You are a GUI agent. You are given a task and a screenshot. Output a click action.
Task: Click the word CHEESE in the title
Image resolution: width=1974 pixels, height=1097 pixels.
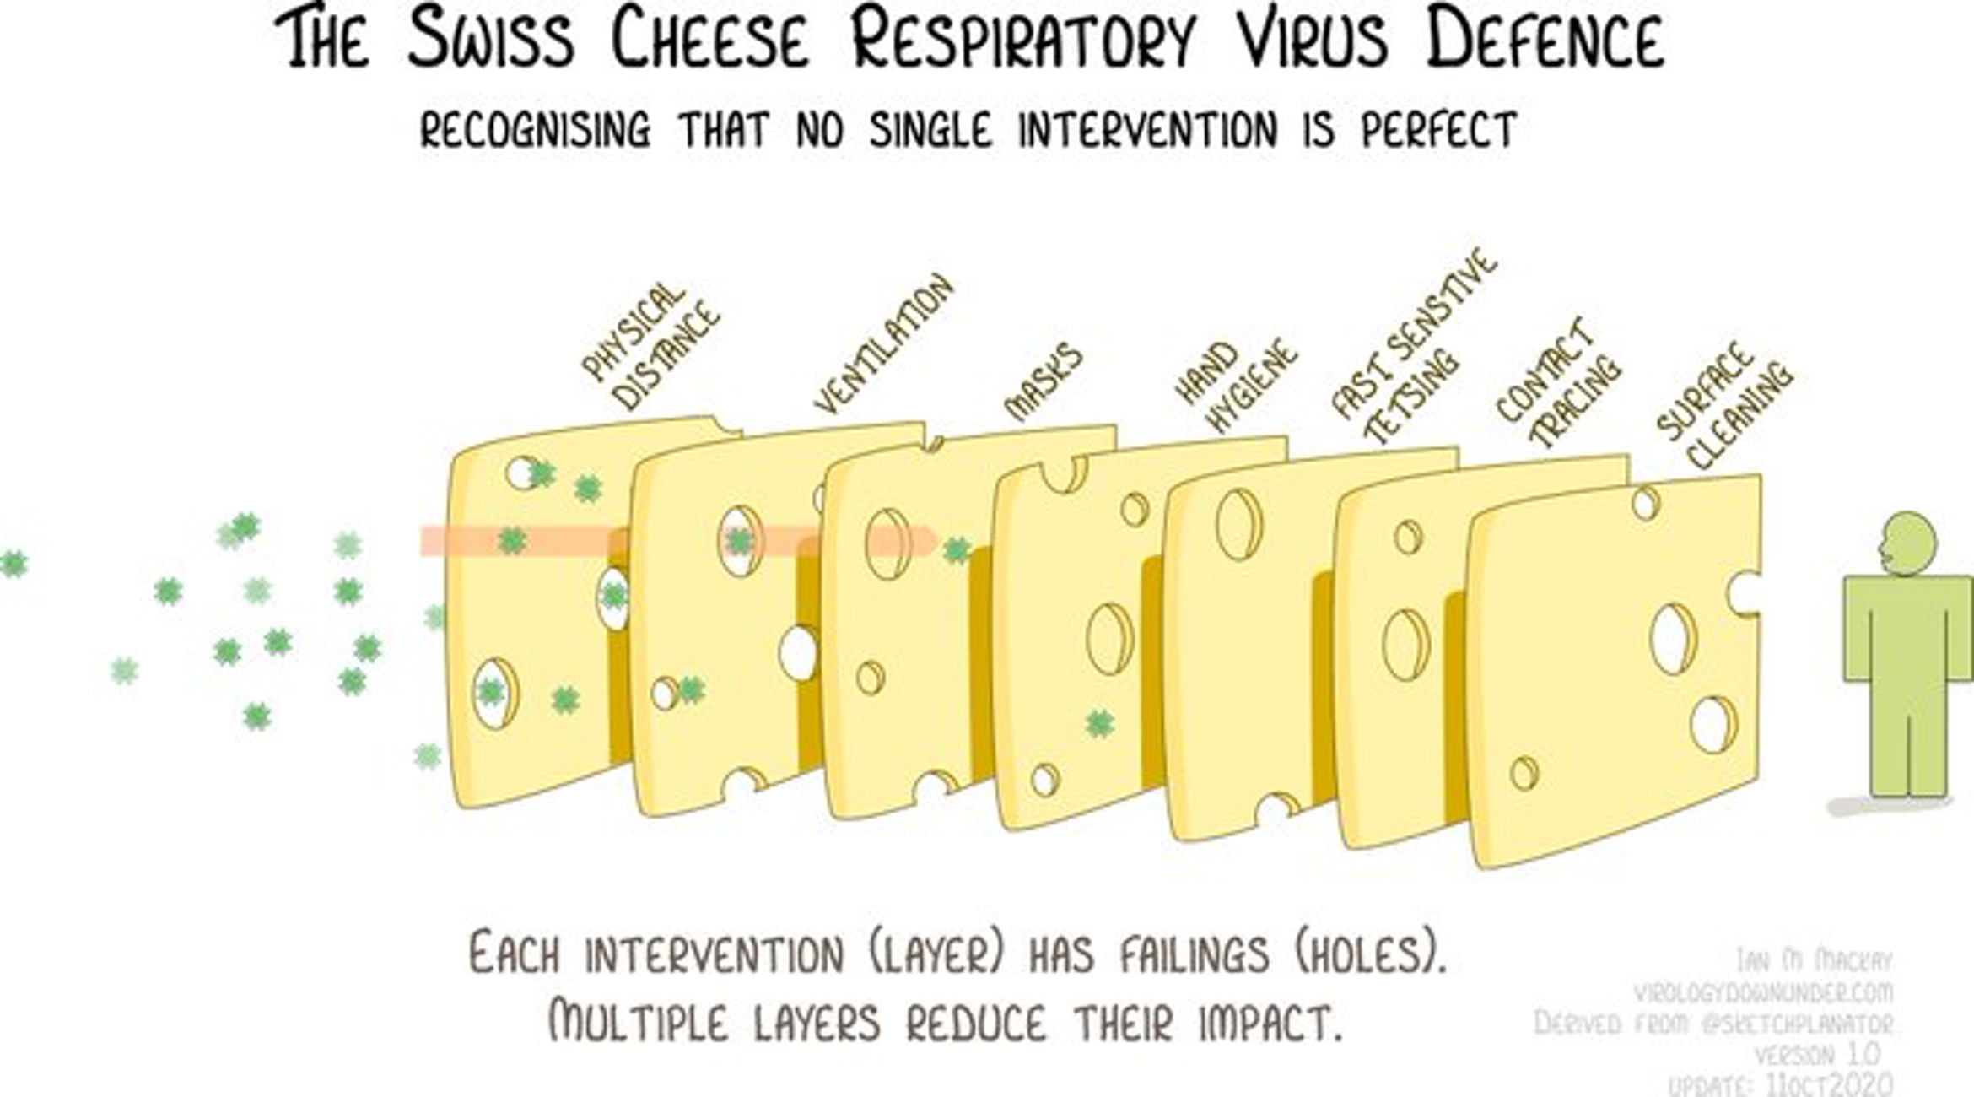click(x=710, y=41)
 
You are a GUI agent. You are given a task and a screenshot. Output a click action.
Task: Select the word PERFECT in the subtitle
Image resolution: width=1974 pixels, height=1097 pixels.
click(x=1439, y=131)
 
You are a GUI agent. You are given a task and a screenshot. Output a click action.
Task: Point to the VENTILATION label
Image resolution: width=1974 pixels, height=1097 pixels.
click(x=884, y=344)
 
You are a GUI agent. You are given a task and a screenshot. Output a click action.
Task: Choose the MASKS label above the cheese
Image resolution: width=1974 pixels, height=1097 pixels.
click(x=1044, y=381)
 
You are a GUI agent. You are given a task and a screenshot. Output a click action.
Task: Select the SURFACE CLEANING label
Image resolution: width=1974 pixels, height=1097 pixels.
click(x=1724, y=405)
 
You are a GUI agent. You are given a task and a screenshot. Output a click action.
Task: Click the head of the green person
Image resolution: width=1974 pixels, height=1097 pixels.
click(x=1907, y=543)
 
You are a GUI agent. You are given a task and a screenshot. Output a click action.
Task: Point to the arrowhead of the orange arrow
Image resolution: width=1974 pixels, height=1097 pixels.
click(x=928, y=541)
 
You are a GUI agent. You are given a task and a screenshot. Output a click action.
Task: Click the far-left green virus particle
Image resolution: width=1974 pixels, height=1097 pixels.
click(x=13, y=563)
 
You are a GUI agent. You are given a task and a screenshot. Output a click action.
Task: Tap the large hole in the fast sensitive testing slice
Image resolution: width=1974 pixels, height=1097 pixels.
click(x=1239, y=524)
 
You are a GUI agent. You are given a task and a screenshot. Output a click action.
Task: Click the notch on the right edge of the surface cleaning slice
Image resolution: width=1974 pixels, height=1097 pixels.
click(x=1745, y=593)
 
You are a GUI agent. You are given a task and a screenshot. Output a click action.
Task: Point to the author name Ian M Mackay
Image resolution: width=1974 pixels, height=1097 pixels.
click(x=1815, y=960)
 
